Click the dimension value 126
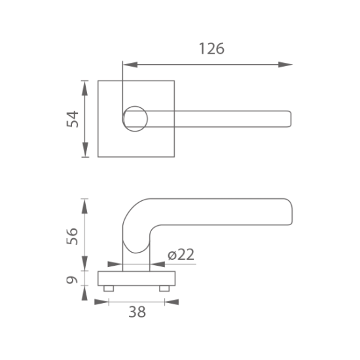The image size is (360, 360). click(211, 48)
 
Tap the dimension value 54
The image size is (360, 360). click(73, 119)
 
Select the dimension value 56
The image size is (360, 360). click(72, 236)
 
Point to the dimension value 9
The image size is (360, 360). click(72, 280)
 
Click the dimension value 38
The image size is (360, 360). click(137, 312)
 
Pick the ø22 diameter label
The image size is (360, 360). click(181, 255)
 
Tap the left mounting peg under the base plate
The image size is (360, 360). click(109, 289)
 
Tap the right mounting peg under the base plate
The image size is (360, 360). click(164, 289)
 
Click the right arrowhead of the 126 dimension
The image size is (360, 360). click(285, 65)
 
